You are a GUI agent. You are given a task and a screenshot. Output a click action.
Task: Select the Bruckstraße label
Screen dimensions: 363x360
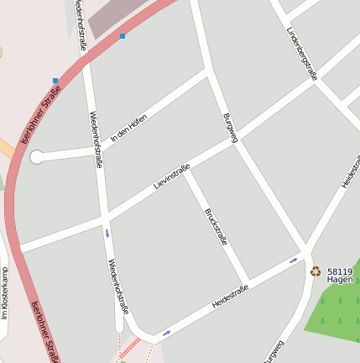216,227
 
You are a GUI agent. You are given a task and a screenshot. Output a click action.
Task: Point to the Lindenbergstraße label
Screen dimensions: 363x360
301,52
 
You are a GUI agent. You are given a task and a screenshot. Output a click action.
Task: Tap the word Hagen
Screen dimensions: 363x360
339,279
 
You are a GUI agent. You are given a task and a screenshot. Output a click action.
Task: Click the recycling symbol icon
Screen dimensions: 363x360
316,271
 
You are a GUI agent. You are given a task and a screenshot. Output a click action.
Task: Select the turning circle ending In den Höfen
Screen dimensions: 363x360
36,156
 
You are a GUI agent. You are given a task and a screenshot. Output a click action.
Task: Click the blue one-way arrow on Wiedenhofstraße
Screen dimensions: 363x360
107,233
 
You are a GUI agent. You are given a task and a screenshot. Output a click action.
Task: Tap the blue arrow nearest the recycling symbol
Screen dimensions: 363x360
293,260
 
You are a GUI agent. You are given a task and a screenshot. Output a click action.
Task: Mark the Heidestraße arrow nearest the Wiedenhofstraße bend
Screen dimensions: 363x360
166,333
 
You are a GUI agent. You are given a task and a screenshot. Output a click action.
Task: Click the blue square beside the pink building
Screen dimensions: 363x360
123,36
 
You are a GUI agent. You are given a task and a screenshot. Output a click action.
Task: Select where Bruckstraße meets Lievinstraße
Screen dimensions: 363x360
185,171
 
